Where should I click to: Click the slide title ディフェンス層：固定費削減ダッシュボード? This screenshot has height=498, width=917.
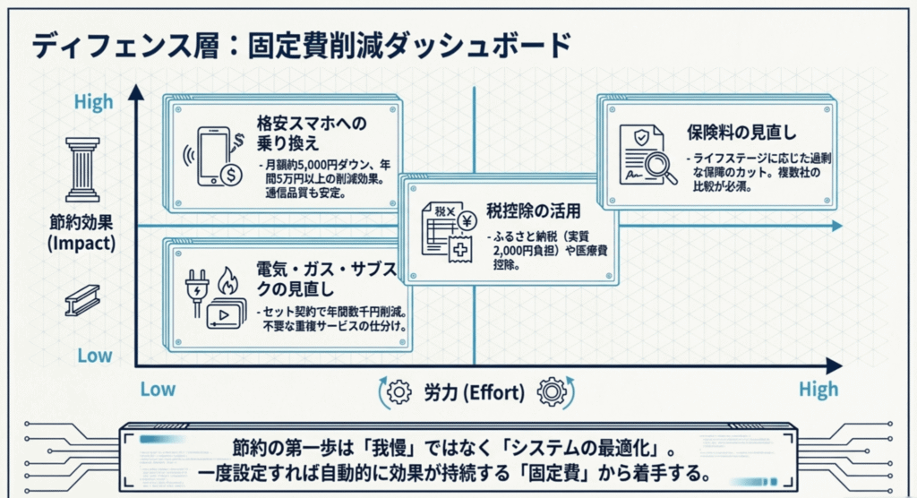pyautogui.click(x=301, y=44)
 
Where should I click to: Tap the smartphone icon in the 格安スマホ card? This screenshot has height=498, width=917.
pyautogui.click(x=212, y=157)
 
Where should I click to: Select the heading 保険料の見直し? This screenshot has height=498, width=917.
pyautogui.click(x=741, y=133)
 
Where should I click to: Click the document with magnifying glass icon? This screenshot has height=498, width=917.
pyautogui.click(x=647, y=154)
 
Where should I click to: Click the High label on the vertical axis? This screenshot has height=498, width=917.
pyautogui.click(x=93, y=101)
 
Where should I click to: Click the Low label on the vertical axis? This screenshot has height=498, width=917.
pyautogui.click(x=93, y=356)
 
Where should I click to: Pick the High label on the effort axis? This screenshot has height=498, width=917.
pyautogui.click(x=818, y=389)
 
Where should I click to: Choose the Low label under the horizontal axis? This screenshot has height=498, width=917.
pyautogui.click(x=158, y=389)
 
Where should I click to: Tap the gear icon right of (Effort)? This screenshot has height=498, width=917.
pyautogui.click(x=552, y=391)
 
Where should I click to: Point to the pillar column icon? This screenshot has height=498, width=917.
pyautogui.click(x=82, y=170)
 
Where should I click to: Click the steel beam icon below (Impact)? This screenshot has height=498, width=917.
pyautogui.click(x=82, y=301)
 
